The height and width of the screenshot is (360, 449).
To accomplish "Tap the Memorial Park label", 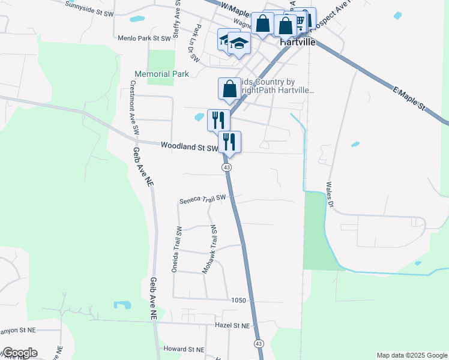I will tap(161, 74).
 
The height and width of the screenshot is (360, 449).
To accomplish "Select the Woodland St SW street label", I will tap(189, 146).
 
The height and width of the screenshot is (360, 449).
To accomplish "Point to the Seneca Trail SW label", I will tap(202, 199).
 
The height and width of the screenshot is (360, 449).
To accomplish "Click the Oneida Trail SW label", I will tap(177, 250).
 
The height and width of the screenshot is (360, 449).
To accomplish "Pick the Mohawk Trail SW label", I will tap(209, 250).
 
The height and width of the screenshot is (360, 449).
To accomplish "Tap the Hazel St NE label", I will tap(232, 326).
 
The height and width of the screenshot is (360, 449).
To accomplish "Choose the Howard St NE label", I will tap(184, 349).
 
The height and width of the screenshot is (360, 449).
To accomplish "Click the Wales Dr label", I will tap(330, 195).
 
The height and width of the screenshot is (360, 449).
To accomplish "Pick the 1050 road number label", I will tap(239, 299).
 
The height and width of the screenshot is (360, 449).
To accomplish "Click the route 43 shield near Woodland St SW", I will tap(227, 167).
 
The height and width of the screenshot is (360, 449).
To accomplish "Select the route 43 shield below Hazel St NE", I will tap(258, 343).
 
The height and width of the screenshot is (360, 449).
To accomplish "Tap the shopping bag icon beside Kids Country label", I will tap(229, 89).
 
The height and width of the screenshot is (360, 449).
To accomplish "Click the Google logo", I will tap(20, 353).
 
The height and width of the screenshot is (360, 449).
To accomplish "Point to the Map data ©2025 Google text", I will tap(411, 355).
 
